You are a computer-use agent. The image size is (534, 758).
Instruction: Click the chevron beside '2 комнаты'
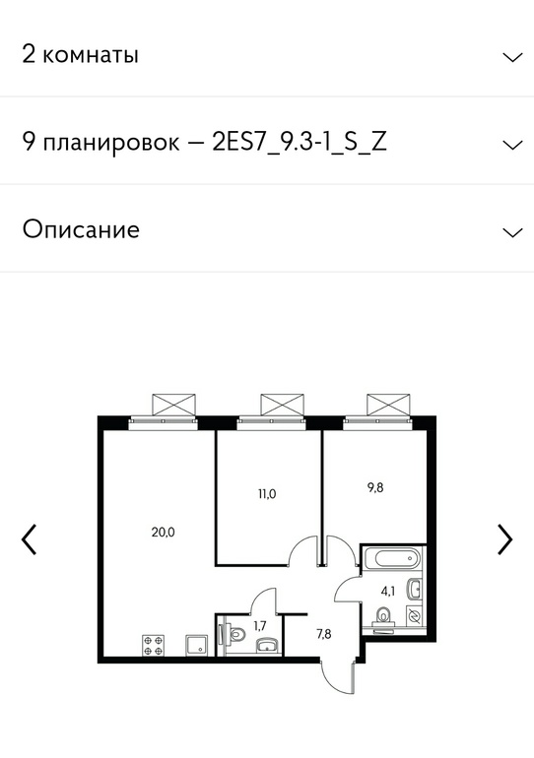[x=512, y=57]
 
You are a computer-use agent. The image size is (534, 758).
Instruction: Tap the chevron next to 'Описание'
[x=512, y=232]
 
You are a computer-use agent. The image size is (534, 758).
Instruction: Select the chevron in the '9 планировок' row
[x=512, y=145]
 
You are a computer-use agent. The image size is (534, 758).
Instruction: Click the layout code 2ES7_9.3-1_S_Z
[x=300, y=143]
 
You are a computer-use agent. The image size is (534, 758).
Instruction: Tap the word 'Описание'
[x=81, y=229]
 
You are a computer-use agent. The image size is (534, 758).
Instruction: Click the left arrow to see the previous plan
[x=29, y=539]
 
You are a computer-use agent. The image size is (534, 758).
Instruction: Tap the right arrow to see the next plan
[x=505, y=539]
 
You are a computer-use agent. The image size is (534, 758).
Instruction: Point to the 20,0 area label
[x=163, y=533]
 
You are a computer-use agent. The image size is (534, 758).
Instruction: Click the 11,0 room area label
[x=267, y=494]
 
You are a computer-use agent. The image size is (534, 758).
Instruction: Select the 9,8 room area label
[x=375, y=487]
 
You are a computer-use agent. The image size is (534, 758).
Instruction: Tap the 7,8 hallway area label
[x=324, y=634]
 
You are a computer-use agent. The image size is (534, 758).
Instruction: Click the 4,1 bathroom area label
[x=388, y=591]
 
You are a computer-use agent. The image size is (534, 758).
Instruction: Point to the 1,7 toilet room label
[x=260, y=626]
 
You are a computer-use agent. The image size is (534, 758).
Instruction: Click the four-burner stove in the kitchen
[x=153, y=646]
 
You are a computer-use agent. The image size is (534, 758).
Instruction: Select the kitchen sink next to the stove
[x=196, y=646]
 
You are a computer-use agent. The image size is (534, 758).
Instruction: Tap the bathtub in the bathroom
[x=392, y=558]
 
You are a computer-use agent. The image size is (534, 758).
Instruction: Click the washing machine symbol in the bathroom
[x=414, y=615]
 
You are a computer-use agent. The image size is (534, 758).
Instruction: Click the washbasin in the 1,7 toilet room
[x=267, y=646]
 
